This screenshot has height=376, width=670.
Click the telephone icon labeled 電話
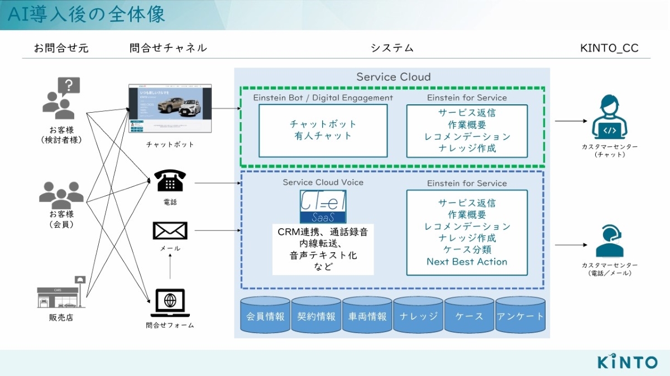(x=170, y=181)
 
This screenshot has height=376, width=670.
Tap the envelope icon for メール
(x=170, y=230)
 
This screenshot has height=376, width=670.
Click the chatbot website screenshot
(x=170, y=109)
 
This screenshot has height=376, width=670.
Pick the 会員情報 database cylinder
(x=265, y=316)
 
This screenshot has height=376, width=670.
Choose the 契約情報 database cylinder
(x=317, y=316)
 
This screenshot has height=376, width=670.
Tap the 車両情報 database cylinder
(x=367, y=316)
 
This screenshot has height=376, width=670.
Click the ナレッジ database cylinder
(x=418, y=316)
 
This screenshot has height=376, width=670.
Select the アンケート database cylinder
(x=520, y=316)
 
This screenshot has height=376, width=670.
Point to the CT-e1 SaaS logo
(x=323, y=207)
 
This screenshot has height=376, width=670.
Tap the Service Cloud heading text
(x=393, y=77)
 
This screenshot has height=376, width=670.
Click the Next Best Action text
(x=467, y=262)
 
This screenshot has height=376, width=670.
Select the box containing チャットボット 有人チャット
(x=323, y=130)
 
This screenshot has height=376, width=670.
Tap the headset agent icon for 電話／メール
(x=609, y=242)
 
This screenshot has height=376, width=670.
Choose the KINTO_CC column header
(x=609, y=48)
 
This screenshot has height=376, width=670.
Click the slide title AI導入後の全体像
(x=87, y=15)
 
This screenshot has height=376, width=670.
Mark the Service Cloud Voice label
(x=323, y=182)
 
